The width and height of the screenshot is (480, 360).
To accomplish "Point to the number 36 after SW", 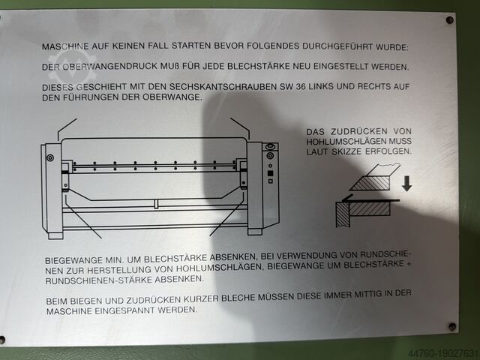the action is (x=301, y=87).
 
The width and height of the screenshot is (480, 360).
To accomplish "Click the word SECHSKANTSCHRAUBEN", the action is (x=223, y=87).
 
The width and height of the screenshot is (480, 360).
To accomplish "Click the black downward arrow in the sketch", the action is (x=406, y=183).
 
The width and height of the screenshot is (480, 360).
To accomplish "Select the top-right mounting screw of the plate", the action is (x=450, y=20).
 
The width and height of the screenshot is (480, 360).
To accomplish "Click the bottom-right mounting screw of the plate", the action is (x=452, y=326).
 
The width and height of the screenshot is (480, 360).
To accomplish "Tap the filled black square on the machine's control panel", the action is (x=270, y=173).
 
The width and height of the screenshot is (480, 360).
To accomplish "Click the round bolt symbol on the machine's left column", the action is (x=50, y=157).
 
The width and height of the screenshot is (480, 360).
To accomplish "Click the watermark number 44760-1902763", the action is (x=444, y=353).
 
